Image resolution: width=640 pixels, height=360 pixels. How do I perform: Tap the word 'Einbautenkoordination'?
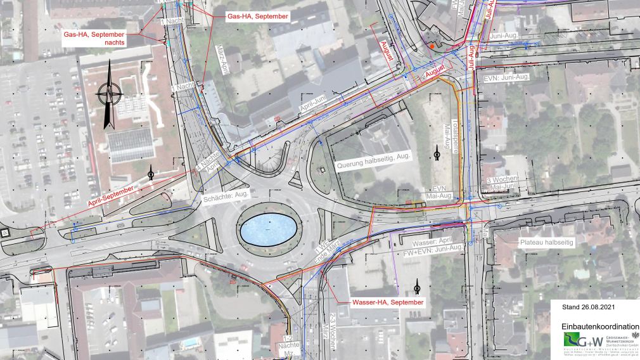(x=599, y=325)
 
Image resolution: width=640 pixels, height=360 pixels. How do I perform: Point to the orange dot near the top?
(x=432, y=46)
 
